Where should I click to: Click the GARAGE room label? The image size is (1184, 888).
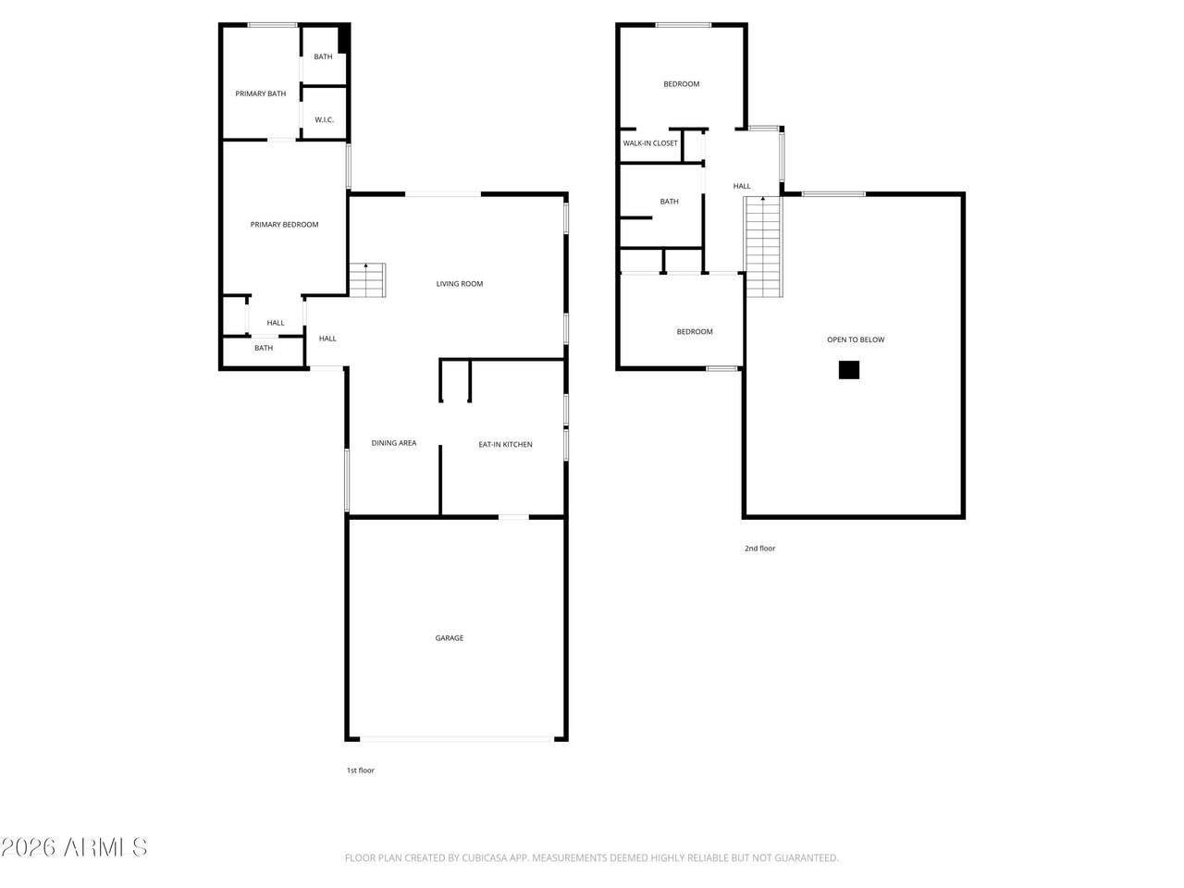449,638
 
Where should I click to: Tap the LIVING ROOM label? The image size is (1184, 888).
459,284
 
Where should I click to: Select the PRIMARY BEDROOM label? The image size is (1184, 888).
284,224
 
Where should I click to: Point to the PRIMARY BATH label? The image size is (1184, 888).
261,93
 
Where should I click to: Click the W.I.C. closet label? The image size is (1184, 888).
324,119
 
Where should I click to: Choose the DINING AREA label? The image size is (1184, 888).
394,443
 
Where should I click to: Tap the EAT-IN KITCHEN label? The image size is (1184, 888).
505,444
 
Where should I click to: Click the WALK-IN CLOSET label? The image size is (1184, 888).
650,142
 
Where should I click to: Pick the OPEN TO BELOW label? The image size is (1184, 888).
856,339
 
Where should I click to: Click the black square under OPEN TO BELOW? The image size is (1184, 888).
848,370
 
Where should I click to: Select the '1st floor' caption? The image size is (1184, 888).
361,771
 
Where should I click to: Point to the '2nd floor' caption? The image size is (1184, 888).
759,549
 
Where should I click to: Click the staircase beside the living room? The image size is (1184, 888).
367,280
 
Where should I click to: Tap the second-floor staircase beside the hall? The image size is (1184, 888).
763,246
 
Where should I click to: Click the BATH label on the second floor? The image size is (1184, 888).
669,201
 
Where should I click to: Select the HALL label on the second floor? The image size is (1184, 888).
742,186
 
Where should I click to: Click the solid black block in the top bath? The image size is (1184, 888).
343,38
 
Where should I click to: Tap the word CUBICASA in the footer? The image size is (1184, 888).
482,857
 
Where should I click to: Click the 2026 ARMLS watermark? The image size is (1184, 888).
74,847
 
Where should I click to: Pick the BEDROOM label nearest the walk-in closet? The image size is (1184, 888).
682,84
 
